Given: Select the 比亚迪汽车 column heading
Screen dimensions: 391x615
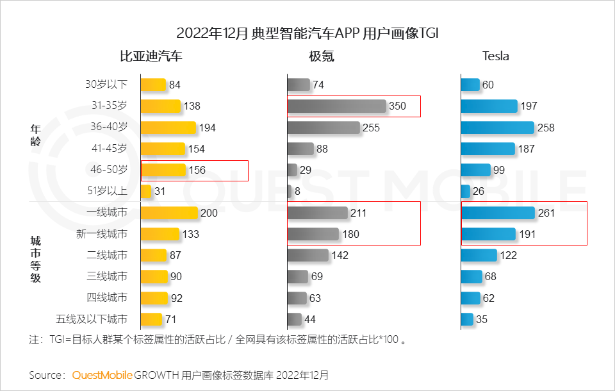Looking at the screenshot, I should pyautogui.click(x=151, y=56).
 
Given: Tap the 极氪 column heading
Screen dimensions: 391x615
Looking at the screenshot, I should pyautogui.click(x=322, y=56).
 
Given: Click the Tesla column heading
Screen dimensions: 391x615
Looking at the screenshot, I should pyautogui.click(x=495, y=56).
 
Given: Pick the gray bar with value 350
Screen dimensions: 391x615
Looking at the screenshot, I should pyautogui.click(x=336, y=106).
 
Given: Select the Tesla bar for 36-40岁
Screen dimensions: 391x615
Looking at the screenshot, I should pyautogui.click(x=497, y=128).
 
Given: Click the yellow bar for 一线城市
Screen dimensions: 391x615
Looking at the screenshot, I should pyautogui.click(x=169, y=213).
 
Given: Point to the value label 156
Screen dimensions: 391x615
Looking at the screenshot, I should pyautogui.click(x=197, y=170).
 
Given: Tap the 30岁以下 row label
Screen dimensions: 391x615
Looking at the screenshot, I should pyautogui.click(x=106, y=85).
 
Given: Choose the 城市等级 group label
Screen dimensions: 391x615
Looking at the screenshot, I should pyautogui.click(x=35, y=259).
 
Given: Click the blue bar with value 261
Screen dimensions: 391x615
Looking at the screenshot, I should pyautogui.click(x=498, y=213).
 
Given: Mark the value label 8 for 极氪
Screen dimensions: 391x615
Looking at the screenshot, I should pyautogui.click(x=297, y=191).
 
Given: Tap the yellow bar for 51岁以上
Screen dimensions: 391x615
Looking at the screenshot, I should pyautogui.click(x=146, y=191).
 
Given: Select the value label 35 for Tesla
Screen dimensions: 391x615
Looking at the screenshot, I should pyautogui.click(x=482, y=319).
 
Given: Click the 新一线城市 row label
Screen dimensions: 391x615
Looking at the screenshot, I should pyautogui.click(x=102, y=234).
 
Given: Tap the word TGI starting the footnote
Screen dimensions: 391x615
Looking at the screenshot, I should pyautogui.click(x=56, y=340).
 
